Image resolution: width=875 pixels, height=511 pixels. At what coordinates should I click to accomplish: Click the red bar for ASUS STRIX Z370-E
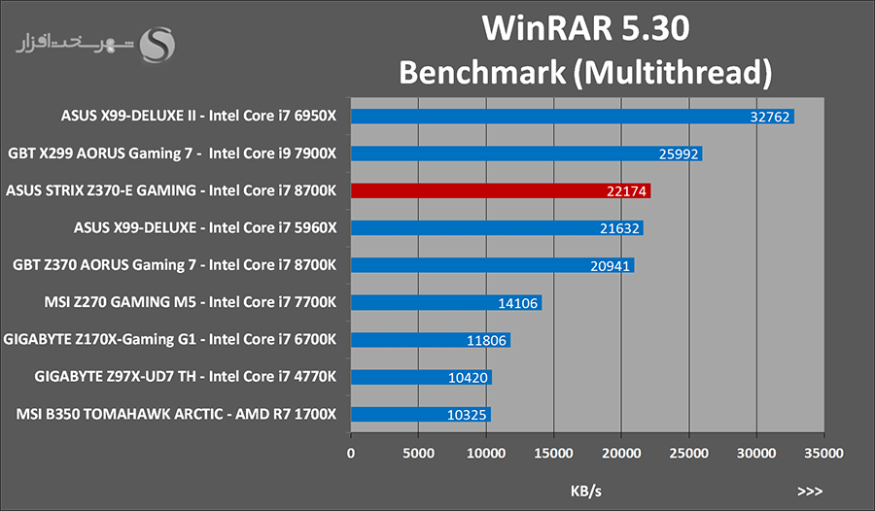click(x=501, y=190)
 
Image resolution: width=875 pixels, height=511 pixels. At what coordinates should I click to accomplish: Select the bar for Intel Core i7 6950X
click(x=573, y=117)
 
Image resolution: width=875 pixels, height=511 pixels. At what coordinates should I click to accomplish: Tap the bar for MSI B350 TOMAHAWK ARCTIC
click(x=421, y=415)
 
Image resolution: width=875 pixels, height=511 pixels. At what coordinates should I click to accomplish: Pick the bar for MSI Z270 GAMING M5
click(x=446, y=303)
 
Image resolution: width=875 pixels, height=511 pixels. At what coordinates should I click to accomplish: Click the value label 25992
click(x=679, y=153)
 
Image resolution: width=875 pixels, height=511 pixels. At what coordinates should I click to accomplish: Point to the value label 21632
click(x=619, y=228)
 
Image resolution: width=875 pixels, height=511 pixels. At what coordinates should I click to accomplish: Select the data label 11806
click(x=486, y=340)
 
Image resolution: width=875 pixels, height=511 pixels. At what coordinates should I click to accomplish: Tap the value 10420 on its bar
click(x=468, y=378)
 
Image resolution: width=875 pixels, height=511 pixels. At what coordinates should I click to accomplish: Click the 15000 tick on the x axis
click(x=553, y=453)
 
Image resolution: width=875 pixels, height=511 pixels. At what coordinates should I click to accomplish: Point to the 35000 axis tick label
click(x=823, y=453)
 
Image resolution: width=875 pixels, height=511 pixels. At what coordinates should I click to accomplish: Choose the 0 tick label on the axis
click(x=351, y=453)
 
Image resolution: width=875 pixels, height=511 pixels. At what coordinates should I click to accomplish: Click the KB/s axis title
click(x=586, y=491)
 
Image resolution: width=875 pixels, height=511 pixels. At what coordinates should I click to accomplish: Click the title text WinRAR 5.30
click(x=586, y=28)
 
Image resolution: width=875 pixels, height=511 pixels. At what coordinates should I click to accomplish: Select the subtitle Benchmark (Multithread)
click(x=585, y=73)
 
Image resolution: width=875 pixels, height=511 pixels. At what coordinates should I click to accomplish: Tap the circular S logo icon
click(x=157, y=45)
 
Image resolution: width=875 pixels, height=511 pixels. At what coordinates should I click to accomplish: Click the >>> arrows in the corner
click(x=810, y=492)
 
